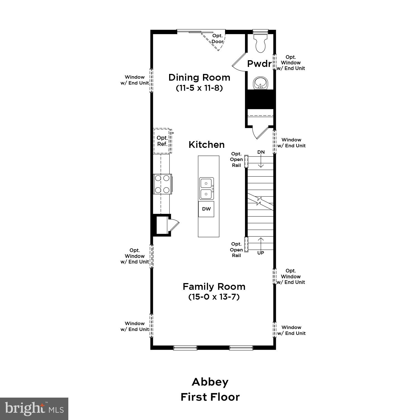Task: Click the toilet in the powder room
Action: click(260, 43)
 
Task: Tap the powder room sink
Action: click(260, 83)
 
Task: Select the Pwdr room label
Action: click(259, 64)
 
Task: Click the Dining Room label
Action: click(199, 77)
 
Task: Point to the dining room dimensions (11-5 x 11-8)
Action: click(199, 88)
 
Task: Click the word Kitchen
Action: click(206, 144)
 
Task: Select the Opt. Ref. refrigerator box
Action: click(162, 141)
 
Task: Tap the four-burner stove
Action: click(162, 184)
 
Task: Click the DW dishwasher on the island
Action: click(206, 209)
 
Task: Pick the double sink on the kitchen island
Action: click(206, 188)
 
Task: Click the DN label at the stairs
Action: click(261, 152)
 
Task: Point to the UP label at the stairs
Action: click(261, 253)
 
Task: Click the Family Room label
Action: click(214, 286)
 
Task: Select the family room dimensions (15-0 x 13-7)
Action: click(214, 297)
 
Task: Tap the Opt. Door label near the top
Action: click(217, 39)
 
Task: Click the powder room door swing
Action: click(239, 62)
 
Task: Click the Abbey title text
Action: click(210, 382)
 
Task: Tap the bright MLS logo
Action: click(34, 409)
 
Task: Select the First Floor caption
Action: click(210, 397)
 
